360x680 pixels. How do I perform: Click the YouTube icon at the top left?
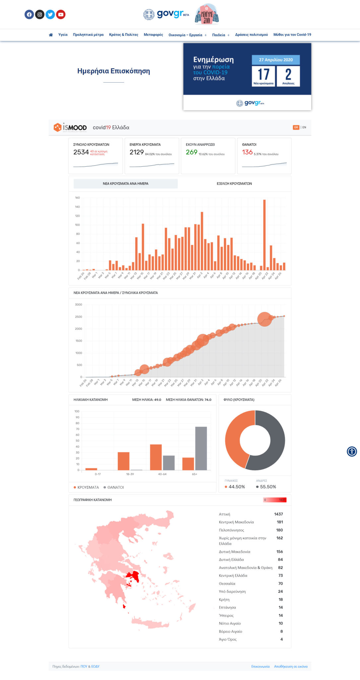[60, 15]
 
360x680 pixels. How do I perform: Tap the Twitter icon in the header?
[50, 15]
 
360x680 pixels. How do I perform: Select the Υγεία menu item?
[63, 35]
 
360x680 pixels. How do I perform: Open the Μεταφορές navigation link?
[153, 35]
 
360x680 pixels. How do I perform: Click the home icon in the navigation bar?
[51, 35]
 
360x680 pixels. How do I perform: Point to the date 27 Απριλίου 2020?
[276, 60]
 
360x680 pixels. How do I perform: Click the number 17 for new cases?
[263, 74]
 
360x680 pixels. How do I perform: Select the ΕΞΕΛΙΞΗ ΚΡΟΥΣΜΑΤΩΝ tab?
[234, 184]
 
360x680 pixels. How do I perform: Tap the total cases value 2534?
[81, 152]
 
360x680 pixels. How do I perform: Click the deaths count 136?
[247, 152]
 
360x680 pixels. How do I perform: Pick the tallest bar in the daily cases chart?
[264, 234]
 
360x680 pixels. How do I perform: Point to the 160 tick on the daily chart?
[77, 198]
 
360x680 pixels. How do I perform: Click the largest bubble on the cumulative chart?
[264, 319]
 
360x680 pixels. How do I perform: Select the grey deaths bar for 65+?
[201, 448]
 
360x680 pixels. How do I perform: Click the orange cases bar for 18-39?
[123, 461]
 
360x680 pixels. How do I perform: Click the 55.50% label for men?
[268, 487]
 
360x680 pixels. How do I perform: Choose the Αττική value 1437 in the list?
[278, 514]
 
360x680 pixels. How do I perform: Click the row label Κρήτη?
[224, 599]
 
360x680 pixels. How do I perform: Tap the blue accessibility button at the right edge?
[352, 452]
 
